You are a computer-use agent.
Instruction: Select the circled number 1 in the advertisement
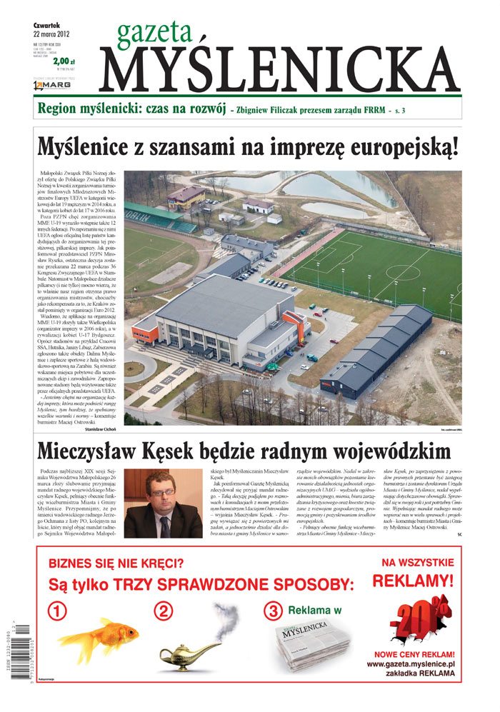[x=58, y=611]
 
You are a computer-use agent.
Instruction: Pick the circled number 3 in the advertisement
[x=273, y=611]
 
